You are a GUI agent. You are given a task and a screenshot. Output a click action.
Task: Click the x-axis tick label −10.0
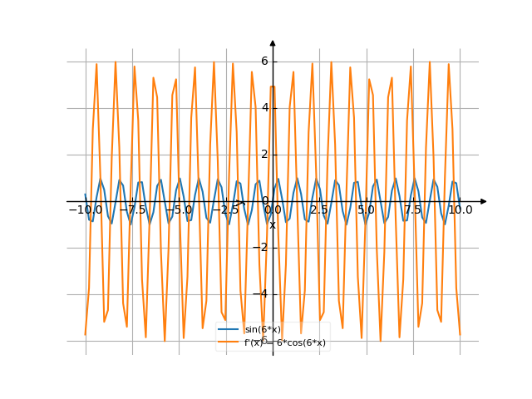85,210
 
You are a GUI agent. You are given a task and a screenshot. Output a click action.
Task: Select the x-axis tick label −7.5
132,210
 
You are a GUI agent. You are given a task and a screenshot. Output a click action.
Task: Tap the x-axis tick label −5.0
179,210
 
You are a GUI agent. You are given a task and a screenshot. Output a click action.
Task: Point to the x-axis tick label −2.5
225,210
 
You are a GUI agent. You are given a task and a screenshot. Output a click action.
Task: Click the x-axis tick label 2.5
319,210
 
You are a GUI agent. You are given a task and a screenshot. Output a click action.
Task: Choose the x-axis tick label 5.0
366,210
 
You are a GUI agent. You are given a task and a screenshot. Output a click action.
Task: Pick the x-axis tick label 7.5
413,210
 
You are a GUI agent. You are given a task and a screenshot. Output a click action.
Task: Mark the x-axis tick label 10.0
460,210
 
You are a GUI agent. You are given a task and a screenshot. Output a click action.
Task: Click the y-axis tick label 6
264,61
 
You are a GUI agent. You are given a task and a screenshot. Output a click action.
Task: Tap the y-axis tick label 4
264,107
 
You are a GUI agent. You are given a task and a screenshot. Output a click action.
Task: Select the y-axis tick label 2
264,154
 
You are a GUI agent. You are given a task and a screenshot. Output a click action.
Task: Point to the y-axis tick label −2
262,247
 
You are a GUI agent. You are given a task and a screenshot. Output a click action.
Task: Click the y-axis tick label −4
262,293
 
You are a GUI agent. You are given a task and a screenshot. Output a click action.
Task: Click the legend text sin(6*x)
262,330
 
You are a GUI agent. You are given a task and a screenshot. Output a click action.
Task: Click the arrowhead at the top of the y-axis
273,42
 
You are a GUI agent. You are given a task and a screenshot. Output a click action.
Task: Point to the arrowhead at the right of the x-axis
483,201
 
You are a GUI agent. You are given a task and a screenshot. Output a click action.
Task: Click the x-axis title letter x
272,224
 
